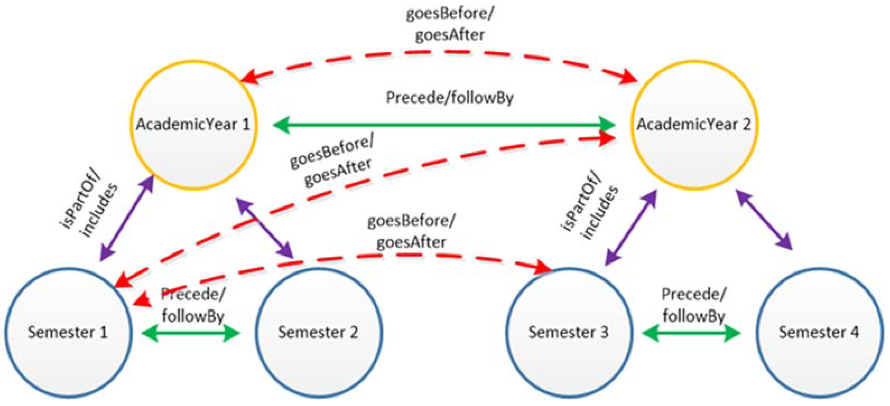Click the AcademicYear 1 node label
tap(193, 124)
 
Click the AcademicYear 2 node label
tap(694, 124)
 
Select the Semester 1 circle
tap(68, 349)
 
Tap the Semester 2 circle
tap(318, 349)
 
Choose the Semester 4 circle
tap(819, 349)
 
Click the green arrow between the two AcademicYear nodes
tap(444, 125)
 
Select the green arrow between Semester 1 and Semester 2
tap(190, 333)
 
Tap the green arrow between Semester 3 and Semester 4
tap(691, 333)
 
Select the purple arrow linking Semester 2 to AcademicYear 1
tap(264, 228)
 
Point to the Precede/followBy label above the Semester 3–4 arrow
tap(693, 305)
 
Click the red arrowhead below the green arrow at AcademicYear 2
tap(606, 138)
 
